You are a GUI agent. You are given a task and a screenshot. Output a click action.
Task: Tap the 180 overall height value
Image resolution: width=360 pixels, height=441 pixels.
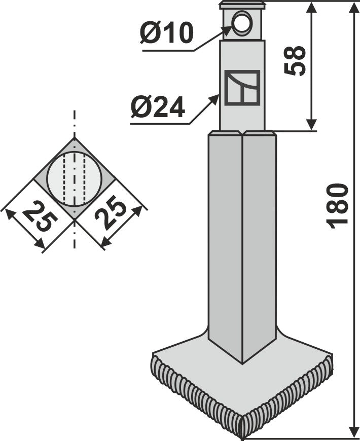[x=339, y=205]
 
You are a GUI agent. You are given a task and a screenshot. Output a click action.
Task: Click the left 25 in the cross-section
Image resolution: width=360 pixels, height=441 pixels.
[x=40, y=216]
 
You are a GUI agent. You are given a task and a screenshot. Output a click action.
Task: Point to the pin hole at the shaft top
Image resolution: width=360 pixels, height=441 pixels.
[x=242, y=22]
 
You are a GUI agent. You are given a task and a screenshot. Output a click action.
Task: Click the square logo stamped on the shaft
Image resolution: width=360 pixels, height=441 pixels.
[x=242, y=88]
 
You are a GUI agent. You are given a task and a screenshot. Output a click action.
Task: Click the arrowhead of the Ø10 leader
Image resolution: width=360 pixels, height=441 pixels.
[x=229, y=29]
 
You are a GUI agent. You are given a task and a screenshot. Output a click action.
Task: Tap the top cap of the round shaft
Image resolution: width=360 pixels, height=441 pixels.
[x=242, y=6]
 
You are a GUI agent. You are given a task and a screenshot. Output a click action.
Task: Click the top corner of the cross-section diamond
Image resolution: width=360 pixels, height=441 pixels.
[x=75, y=138]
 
